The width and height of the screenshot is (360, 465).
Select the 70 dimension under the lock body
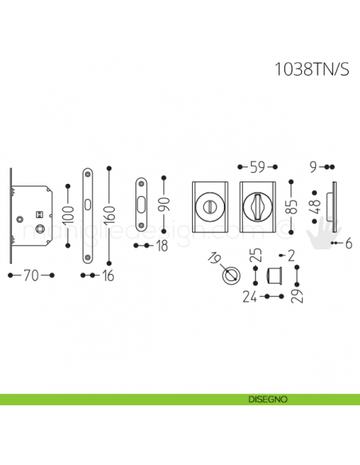tap(30, 275)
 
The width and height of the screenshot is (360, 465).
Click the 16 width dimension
tap(108, 275)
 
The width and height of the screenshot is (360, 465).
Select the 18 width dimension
tap(162, 247)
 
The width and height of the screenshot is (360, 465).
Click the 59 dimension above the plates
tap(257, 167)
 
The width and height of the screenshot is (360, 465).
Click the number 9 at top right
tap(314, 167)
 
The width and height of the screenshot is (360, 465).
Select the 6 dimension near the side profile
tap(349, 244)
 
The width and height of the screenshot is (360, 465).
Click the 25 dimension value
tap(255, 256)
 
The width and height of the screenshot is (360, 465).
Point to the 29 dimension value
tap(298, 295)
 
